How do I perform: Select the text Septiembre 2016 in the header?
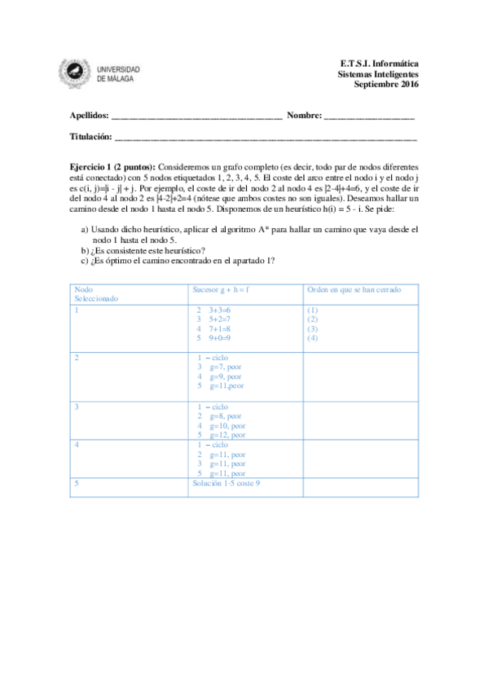coord(386,84)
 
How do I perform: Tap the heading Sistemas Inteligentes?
coord(378,73)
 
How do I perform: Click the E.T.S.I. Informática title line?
coord(380,63)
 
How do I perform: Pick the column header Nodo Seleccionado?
coord(95,293)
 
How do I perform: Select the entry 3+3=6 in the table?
coord(220,310)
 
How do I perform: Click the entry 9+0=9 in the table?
coord(220,337)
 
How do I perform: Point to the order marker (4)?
coord(312,337)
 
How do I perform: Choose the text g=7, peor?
coord(226,367)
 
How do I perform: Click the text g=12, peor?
coord(227,435)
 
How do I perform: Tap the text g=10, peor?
coord(227,425)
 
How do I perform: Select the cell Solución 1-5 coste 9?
coord(226,483)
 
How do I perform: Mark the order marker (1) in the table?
coord(312,310)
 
